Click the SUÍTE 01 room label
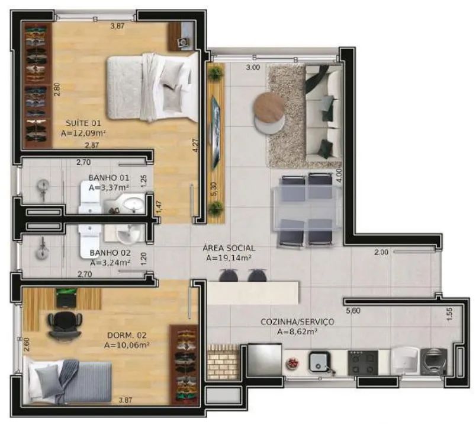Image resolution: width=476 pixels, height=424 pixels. tap(83, 123)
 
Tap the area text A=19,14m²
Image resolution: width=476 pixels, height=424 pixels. tap(229, 258)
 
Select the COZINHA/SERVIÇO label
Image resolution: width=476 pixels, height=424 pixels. tap(297, 322)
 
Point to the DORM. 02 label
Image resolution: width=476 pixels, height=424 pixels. tap(127, 336)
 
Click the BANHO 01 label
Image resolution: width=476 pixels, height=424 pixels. tap(109, 178)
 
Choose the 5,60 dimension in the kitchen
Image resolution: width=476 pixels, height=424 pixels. tap(353, 311)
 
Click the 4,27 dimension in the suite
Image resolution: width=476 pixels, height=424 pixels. tap(197, 146)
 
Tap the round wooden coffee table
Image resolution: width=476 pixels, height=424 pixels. tap(269, 107)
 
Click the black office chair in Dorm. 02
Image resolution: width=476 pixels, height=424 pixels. tap(65, 324)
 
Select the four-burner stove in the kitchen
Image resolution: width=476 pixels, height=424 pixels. tap(363, 362)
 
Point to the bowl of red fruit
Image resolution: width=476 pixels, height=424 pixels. tap(294, 362)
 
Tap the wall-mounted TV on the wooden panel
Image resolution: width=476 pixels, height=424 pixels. tap(216, 132)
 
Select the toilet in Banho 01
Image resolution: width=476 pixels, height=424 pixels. tap(89, 197)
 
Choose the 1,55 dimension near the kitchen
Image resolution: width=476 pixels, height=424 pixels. tap(449, 314)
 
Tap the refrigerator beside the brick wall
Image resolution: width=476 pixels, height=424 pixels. tap(265, 359)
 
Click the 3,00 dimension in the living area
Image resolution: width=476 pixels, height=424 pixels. tap(253, 67)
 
